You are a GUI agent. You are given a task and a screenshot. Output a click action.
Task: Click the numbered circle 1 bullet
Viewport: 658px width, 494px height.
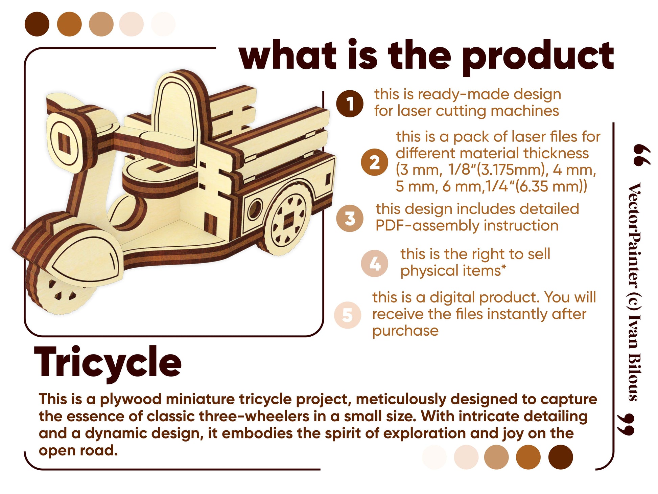point(350,104)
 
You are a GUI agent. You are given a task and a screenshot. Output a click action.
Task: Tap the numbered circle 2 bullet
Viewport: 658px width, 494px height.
point(374,162)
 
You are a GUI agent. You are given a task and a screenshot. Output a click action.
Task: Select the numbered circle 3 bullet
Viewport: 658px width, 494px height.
point(350,218)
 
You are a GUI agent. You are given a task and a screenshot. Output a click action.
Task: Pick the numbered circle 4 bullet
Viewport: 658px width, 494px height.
point(374,263)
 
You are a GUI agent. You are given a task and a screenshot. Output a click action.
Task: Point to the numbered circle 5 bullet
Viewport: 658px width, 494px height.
point(348,315)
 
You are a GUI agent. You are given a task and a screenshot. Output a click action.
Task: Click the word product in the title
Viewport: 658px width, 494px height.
point(538,56)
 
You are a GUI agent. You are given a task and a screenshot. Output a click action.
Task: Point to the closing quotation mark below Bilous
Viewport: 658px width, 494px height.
point(626,424)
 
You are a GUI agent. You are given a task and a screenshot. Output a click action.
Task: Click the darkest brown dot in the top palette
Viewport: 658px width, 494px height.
point(37,24)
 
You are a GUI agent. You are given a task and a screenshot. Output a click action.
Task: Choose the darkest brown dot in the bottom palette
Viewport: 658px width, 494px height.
point(560,457)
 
